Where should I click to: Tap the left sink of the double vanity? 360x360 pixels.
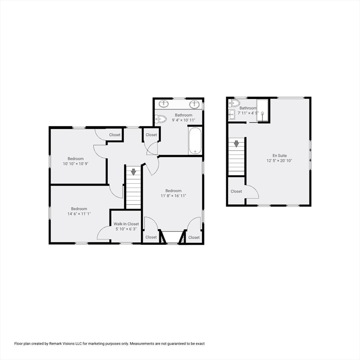[165, 104]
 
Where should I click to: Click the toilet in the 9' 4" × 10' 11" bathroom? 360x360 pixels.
[160, 119]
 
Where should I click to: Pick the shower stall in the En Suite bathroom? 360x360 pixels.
[263, 111]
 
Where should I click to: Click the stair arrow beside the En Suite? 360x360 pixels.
[237, 143]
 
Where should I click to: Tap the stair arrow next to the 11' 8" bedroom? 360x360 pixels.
[133, 172]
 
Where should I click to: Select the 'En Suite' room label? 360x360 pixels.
[280, 156]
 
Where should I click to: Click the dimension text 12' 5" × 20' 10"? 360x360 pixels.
[280, 161]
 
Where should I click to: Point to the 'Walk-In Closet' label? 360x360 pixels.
[126, 224]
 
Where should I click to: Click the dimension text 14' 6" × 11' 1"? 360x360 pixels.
[79, 214]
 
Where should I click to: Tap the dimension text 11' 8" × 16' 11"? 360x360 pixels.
[173, 196]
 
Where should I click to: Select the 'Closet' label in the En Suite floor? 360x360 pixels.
[236, 191]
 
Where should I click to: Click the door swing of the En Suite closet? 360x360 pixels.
[252, 192]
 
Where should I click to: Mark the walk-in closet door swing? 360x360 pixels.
[104, 233]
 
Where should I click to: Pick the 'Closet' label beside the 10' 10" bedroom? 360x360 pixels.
[115, 135]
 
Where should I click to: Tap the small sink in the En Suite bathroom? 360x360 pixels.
[232, 115]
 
